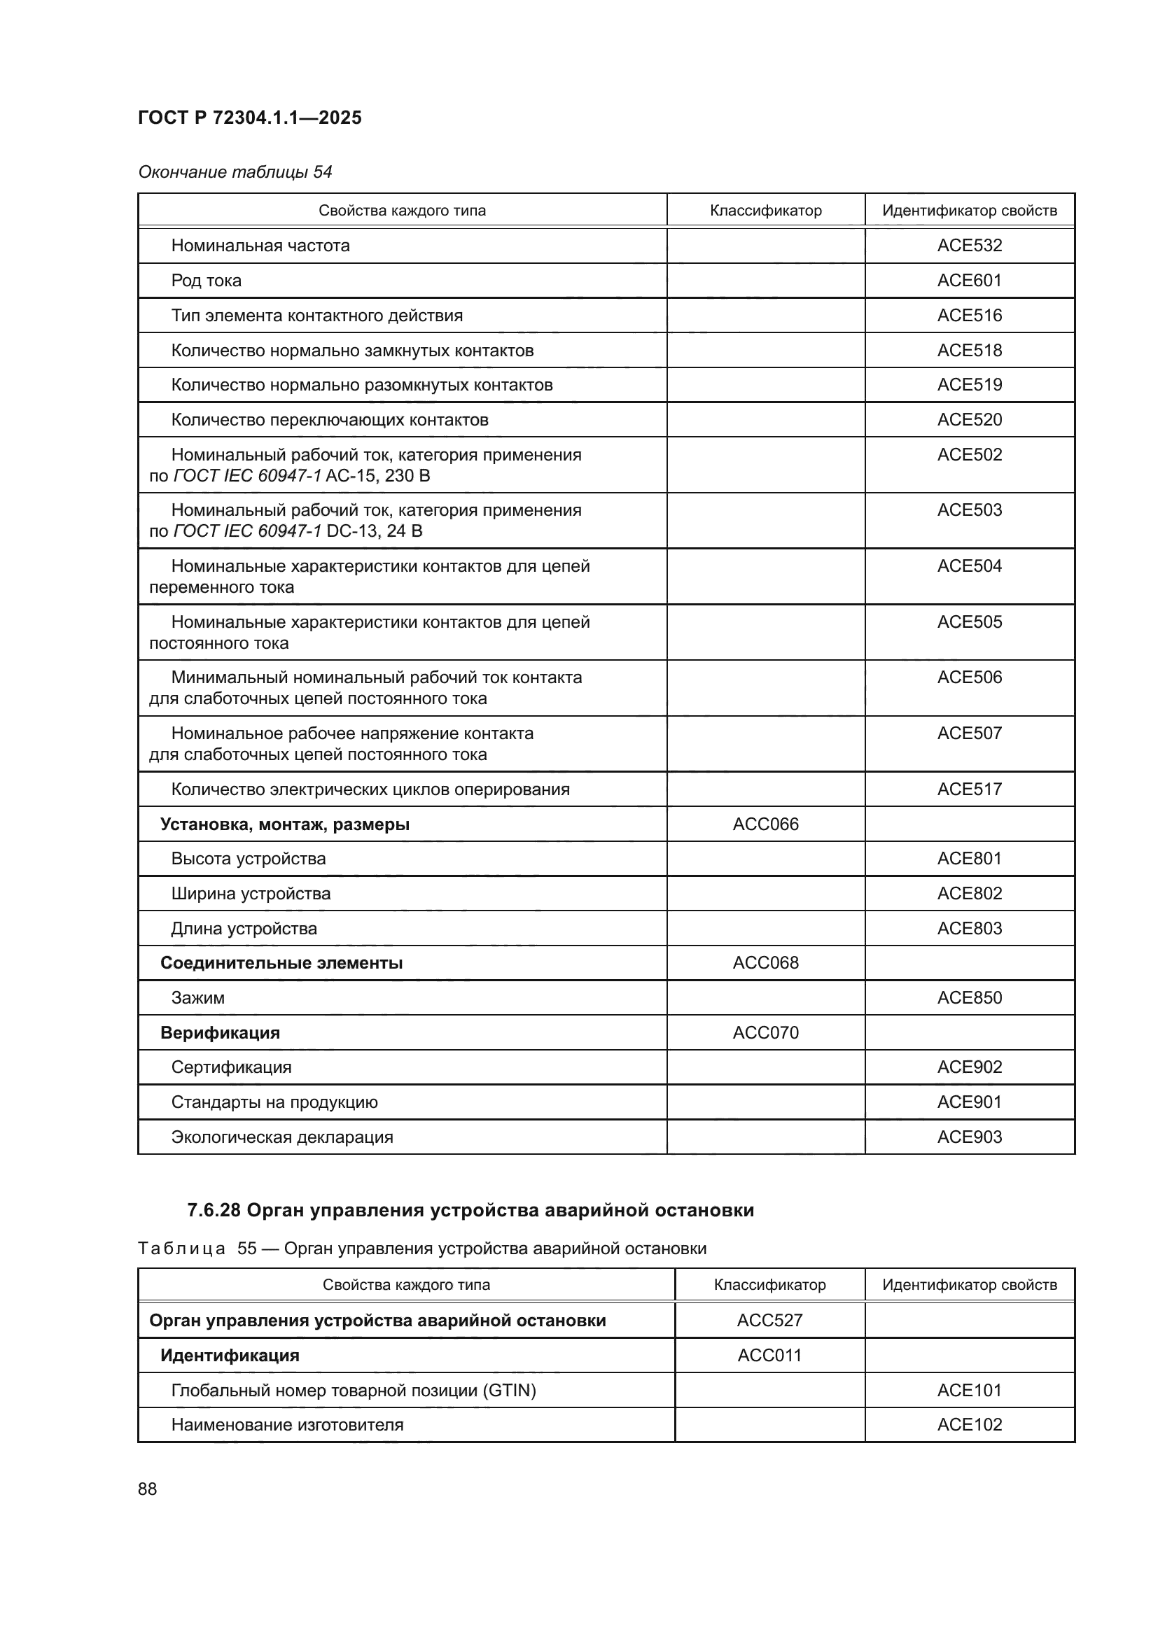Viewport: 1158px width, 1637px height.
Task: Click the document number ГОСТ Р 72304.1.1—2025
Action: point(249,118)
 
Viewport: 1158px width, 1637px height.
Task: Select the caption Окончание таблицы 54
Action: point(235,172)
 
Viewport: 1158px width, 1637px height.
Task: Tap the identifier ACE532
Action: point(969,245)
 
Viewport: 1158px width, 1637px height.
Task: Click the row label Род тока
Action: point(206,280)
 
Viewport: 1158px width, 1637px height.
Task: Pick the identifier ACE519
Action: point(969,385)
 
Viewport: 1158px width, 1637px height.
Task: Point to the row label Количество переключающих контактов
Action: point(330,420)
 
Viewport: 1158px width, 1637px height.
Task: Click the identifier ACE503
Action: point(969,510)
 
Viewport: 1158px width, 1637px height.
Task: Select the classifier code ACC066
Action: point(765,824)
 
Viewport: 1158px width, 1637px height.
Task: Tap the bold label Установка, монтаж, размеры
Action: point(284,824)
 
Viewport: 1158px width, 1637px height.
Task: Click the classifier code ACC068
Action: point(765,962)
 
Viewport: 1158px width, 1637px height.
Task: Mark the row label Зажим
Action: point(197,997)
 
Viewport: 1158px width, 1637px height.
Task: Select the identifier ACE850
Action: point(969,997)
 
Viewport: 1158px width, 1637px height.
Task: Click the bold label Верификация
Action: point(220,1032)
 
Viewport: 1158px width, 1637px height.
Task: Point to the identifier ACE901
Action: point(969,1102)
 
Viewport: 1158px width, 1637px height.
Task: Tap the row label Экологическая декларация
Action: point(281,1137)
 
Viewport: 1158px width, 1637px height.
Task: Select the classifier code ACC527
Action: point(769,1321)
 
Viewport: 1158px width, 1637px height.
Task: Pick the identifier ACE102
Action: point(969,1424)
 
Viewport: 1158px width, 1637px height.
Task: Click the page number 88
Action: point(148,1489)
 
